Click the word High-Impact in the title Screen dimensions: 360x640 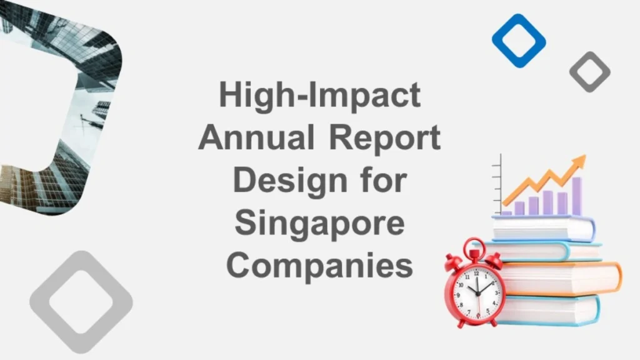(x=319, y=96)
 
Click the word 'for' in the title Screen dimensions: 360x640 (x=384, y=180)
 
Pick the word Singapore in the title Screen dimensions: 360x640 (x=319, y=222)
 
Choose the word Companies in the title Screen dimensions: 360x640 (x=319, y=265)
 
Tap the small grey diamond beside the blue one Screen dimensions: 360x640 (x=589, y=72)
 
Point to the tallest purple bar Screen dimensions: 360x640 (x=576, y=196)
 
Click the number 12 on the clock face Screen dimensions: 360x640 (x=476, y=274)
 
